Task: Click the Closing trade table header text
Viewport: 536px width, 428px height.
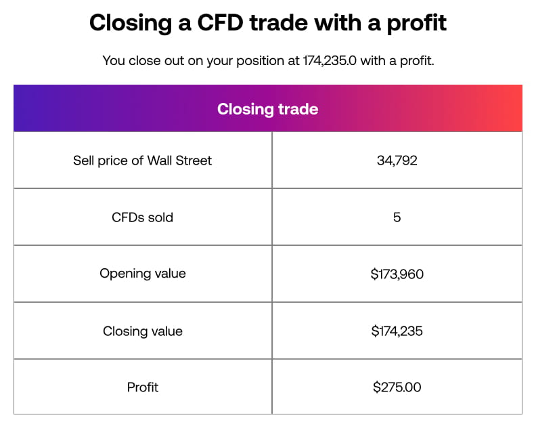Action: coord(267,109)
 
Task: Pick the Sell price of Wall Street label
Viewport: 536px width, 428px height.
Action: coord(142,160)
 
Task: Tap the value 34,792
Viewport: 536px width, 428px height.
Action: coord(397,160)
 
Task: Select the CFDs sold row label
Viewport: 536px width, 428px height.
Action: coord(142,217)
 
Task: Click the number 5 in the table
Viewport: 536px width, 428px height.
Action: coord(397,217)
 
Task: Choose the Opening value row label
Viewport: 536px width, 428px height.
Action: coord(142,274)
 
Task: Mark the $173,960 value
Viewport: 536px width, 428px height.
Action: coord(397,274)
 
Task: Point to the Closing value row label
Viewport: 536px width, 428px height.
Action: coord(142,331)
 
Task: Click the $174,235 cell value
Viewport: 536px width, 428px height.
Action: coord(397,331)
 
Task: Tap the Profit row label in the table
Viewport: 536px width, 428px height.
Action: coord(142,387)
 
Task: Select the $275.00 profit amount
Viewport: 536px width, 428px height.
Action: coord(397,387)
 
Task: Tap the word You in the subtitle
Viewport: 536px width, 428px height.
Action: coord(112,61)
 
